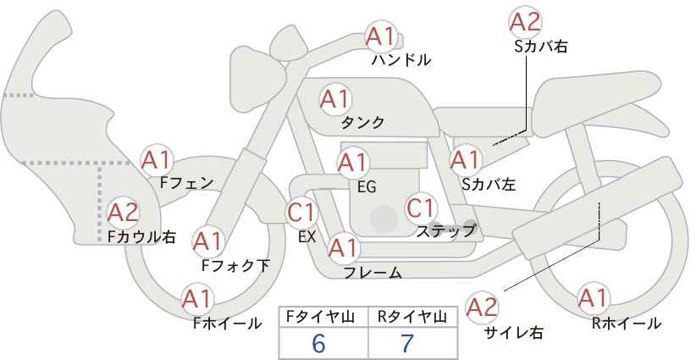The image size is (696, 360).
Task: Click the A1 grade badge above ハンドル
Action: (x=380, y=36)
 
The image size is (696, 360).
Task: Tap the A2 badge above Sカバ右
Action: (x=525, y=22)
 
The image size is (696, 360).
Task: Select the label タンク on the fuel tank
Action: (x=362, y=123)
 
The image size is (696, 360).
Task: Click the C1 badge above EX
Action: (x=301, y=212)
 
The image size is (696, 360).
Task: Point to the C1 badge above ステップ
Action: (x=421, y=208)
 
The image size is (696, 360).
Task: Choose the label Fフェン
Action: (x=186, y=183)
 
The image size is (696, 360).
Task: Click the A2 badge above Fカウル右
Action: (x=124, y=213)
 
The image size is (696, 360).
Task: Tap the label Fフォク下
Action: (x=236, y=265)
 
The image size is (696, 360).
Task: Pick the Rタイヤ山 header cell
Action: (x=413, y=317)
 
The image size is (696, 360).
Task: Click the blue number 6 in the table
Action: (x=318, y=343)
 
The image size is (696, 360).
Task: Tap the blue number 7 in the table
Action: (x=407, y=343)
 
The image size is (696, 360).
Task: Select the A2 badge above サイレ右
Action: (x=483, y=307)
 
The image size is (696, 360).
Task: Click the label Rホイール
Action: (x=627, y=324)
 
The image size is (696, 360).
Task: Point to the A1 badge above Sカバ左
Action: (x=466, y=160)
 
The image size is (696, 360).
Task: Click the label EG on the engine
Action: (x=367, y=187)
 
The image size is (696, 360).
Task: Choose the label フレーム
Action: (x=373, y=273)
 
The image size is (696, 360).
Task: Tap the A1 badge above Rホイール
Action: (x=594, y=298)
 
